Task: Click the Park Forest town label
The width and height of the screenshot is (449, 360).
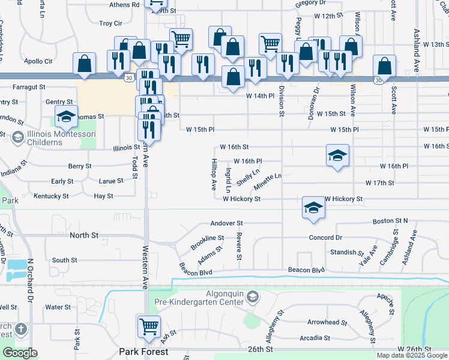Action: pos(143,352)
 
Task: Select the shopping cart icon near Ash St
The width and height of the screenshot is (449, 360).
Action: pos(148,327)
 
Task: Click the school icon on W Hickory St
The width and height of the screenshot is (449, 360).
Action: pos(313,208)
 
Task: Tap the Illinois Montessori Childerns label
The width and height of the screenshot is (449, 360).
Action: pos(44,138)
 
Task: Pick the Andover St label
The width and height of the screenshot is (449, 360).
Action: pos(226,223)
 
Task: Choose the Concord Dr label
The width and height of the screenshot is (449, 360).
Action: pos(325,238)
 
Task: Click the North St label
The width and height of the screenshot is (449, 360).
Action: pos(83,236)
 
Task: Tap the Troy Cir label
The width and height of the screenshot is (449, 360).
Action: pos(110,23)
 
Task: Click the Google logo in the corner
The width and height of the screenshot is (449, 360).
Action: pos(20,353)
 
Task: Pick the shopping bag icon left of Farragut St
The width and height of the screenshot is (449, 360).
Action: pos(84,64)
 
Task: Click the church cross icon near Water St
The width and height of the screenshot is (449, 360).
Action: pos(21,329)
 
